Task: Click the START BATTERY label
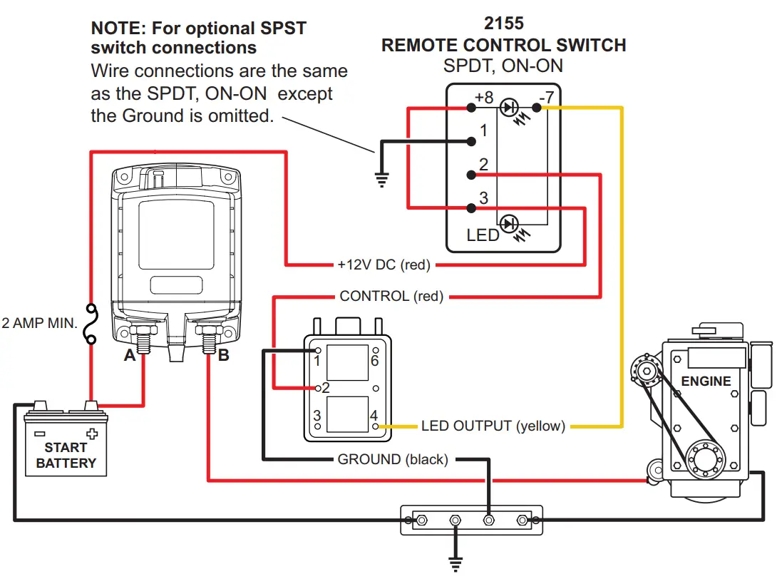[66, 455]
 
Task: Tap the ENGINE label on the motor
[706, 381]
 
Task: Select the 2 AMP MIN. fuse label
[39, 323]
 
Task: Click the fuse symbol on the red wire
[91, 324]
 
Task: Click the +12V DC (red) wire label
[384, 265]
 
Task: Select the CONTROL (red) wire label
[391, 296]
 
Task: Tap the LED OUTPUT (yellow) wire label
[493, 426]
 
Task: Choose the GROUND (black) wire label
[393, 460]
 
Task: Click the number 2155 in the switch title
[504, 24]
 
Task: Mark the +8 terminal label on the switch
[484, 97]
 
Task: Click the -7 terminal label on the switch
[546, 97]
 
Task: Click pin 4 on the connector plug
[376, 426]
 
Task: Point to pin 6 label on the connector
[374, 361]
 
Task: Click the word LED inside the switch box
[483, 235]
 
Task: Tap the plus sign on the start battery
[91, 434]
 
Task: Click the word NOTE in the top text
[114, 29]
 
